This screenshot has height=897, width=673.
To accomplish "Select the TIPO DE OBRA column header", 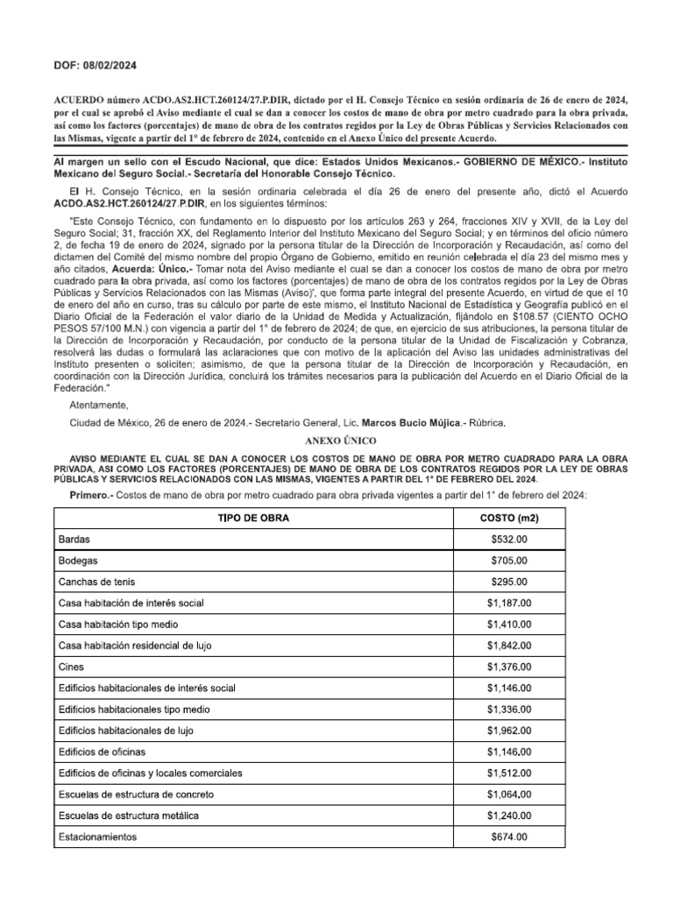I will pos(252,519).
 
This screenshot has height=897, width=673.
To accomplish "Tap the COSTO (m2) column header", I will pos(509,519).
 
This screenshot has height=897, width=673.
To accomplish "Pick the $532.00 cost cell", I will pos(509,540).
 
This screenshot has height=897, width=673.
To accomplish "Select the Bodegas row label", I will pos(78,561).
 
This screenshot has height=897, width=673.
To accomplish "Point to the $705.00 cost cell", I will pos(509,561).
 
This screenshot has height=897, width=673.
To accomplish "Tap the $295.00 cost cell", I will pos(509,582).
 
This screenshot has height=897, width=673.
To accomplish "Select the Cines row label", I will pos(71,667).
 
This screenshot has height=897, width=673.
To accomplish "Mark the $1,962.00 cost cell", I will pos(509,731).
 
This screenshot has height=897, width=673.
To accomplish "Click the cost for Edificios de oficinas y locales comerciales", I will pos(509,773).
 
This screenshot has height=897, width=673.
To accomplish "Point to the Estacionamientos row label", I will pos(97,837).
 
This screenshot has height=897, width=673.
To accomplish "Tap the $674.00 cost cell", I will pos(509,837).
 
